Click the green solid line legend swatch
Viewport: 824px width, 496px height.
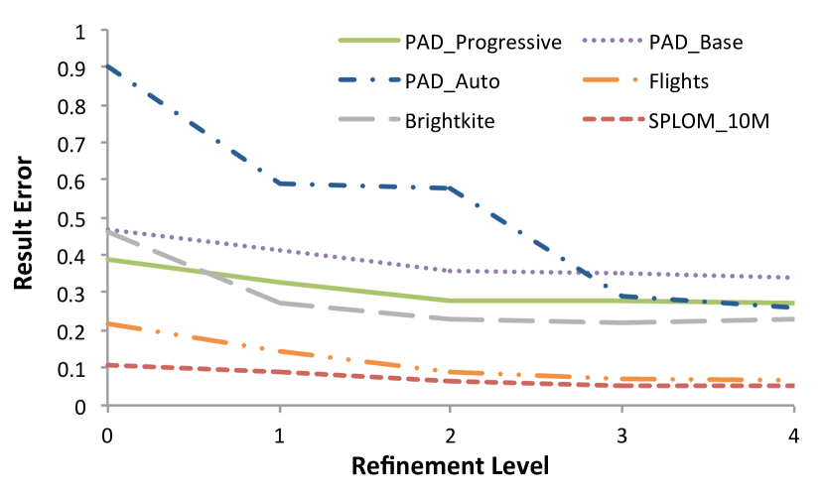coord(369,41)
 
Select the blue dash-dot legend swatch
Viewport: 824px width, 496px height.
coord(369,79)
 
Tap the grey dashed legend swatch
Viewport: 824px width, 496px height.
coord(369,119)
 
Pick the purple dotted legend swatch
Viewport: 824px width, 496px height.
coord(613,41)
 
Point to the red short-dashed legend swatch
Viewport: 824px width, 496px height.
coord(613,119)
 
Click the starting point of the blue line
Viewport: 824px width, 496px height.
coord(107,66)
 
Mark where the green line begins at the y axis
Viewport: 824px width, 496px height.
coord(107,259)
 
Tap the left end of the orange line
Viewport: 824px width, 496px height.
coord(107,323)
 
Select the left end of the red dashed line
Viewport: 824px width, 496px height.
coord(107,365)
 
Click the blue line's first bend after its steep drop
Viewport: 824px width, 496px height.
coord(280,183)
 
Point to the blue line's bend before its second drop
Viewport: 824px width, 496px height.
coord(451,187)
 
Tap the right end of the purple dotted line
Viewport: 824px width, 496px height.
coord(792,278)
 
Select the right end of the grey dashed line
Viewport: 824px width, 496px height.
coord(792,319)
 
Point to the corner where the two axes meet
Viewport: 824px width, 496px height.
coord(107,406)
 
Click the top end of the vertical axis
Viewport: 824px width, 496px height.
coord(107,30)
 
